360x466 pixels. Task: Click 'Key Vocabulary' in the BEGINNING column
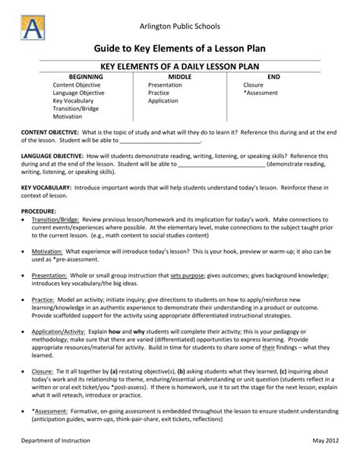pyautogui.click(x=73, y=100)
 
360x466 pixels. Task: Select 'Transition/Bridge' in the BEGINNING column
pyautogui.click(x=77, y=108)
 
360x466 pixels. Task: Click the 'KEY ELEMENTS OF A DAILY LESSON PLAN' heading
pyautogui.click(x=179, y=66)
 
